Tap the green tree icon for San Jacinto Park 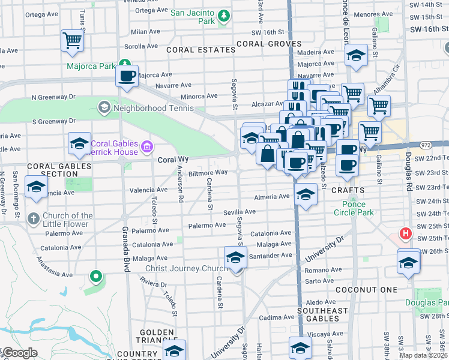pos(224,15)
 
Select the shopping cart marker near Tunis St pos(72,41)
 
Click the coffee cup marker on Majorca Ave pos(127,76)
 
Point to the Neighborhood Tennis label pos(153,108)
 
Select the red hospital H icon pos(406,233)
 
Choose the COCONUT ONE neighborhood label pos(367,290)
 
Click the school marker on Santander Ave pos(235,257)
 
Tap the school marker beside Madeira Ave pos(357,56)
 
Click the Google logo pos(19,353)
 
